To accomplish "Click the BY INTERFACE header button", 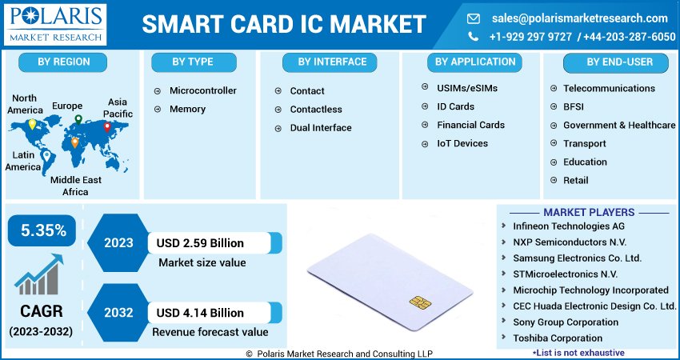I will [x=332, y=62].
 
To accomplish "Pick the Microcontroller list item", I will [x=202, y=90].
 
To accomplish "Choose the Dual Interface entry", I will [x=320, y=127].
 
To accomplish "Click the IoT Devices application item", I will [x=462, y=143].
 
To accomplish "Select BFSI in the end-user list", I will [x=574, y=106].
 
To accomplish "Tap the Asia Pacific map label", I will [x=118, y=108].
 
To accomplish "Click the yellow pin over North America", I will [x=32, y=124].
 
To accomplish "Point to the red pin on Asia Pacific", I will [x=106, y=126].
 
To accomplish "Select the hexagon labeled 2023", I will [x=118, y=242].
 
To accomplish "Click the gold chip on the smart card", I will [x=418, y=302].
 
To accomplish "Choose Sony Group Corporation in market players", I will [x=565, y=322].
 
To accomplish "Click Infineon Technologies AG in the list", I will [x=568, y=226].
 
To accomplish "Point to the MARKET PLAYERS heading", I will [x=588, y=212].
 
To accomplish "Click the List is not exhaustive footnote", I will [x=578, y=352].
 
